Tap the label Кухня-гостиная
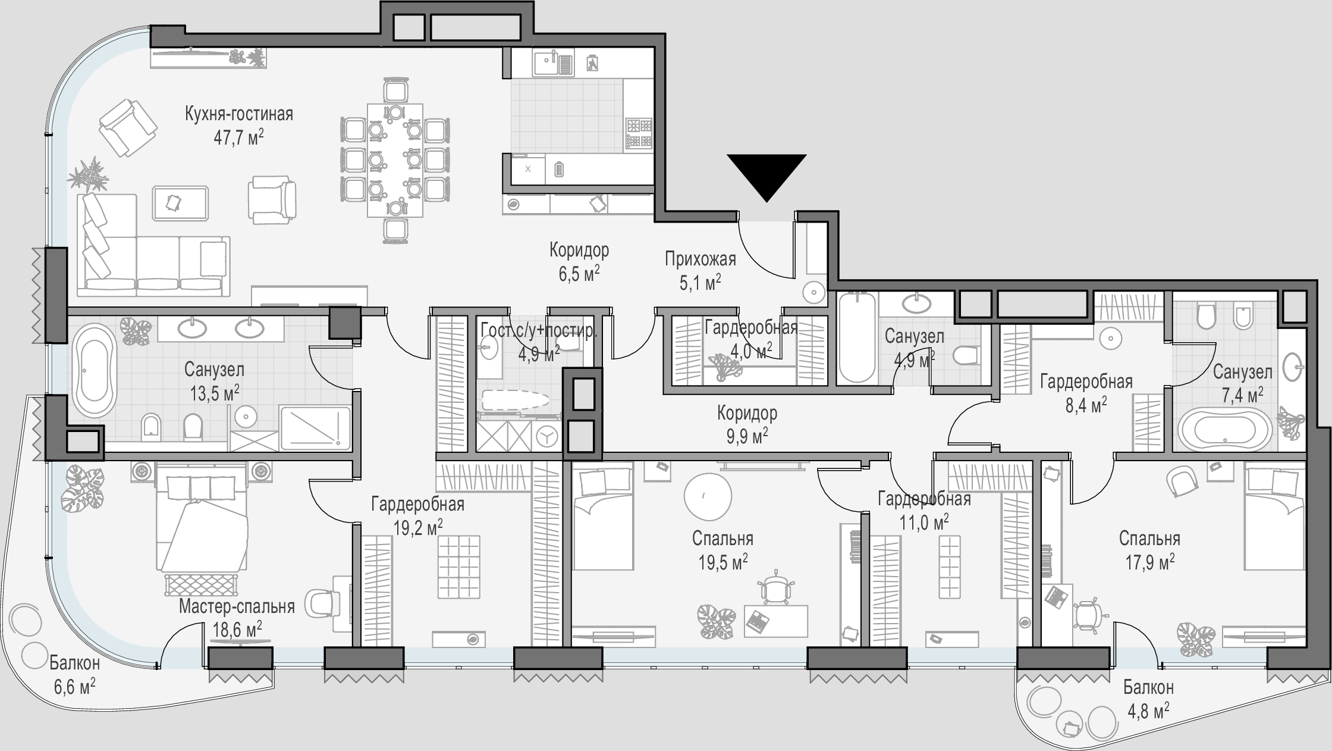[x=239, y=113]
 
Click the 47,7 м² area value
[x=239, y=137]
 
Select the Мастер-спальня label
[x=237, y=606]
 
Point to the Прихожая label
[x=700, y=259]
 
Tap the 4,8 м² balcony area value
[x=1148, y=711]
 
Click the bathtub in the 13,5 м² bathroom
[x=94, y=371]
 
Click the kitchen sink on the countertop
[x=554, y=63]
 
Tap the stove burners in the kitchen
[x=639, y=133]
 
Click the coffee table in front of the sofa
[x=181, y=203]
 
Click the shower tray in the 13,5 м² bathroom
[x=315, y=428]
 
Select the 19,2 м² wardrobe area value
[x=418, y=527]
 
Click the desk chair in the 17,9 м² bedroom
[x=1087, y=615]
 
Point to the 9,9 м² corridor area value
[x=747, y=436]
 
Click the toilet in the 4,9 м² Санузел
[x=966, y=357]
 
